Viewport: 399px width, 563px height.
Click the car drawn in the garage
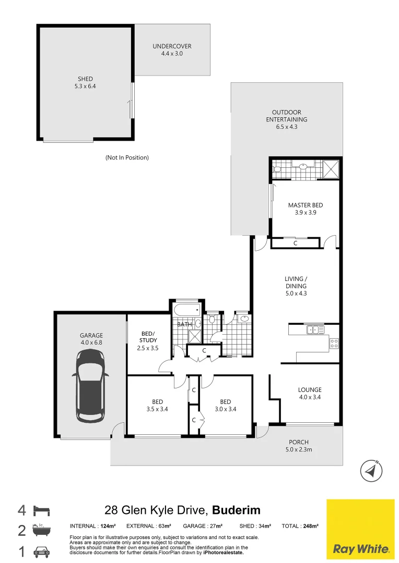pyautogui.click(x=91, y=385)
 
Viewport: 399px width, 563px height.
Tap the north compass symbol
pyautogui.click(x=371, y=471)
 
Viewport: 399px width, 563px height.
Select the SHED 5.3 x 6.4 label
pyautogui.click(x=85, y=82)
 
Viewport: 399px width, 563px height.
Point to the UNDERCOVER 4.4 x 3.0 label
pyautogui.click(x=172, y=50)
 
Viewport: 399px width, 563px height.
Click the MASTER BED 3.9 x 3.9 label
pyautogui.click(x=306, y=209)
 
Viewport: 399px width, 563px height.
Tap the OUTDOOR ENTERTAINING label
pyautogui.click(x=286, y=119)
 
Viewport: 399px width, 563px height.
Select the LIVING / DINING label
pyautogui.click(x=296, y=286)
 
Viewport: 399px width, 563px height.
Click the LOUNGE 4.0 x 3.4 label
pyautogui.click(x=310, y=393)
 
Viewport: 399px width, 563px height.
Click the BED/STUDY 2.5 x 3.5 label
pyautogui.click(x=148, y=340)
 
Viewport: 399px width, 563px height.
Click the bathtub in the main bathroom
pyautogui.click(x=186, y=310)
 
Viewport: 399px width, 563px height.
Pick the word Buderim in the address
pyautogui.click(x=236, y=510)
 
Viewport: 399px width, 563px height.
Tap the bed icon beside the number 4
pyautogui.click(x=41, y=510)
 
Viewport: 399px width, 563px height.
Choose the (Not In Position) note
pyautogui.click(x=127, y=157)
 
